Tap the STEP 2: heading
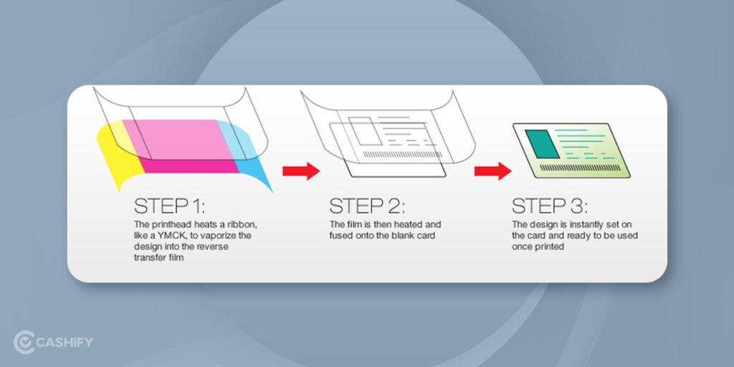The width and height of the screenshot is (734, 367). tap(366, 206)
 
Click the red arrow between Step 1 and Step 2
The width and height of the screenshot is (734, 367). tap(300, 171)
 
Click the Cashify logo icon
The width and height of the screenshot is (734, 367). tap(24, 342)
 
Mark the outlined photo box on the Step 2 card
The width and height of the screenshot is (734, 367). tap(360, 130)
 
